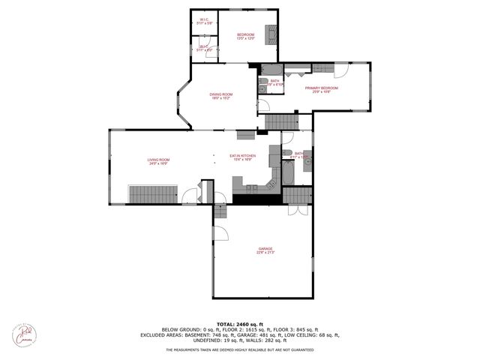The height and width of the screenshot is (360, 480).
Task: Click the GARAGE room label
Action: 266,250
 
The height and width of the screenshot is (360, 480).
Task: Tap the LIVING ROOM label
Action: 158,160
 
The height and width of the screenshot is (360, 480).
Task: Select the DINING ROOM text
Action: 220,95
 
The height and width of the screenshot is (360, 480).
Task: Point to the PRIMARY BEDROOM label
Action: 321,89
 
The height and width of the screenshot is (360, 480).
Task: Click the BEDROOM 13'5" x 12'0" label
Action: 246,36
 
